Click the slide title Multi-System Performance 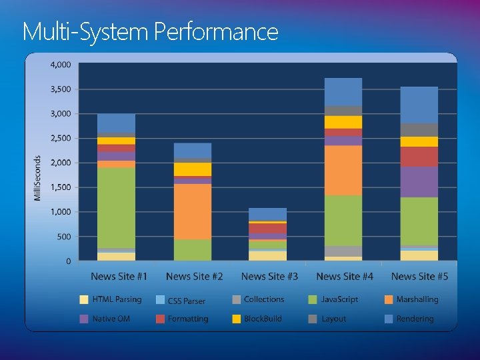[150, 31]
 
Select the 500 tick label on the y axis [63, 237]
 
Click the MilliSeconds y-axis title [37, 178]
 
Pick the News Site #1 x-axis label [119, 276]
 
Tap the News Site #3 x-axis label [269, 276]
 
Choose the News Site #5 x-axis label [419, 276]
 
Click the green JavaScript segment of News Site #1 [117, 207]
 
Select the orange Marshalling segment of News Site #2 [193, 211]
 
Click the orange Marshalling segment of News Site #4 [343, 170]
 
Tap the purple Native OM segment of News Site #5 [419, 181]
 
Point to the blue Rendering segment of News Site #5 [419, 105]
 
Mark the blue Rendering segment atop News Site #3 [267, 214]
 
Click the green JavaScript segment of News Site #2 [193, 250]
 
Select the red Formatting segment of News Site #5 [419, 157]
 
